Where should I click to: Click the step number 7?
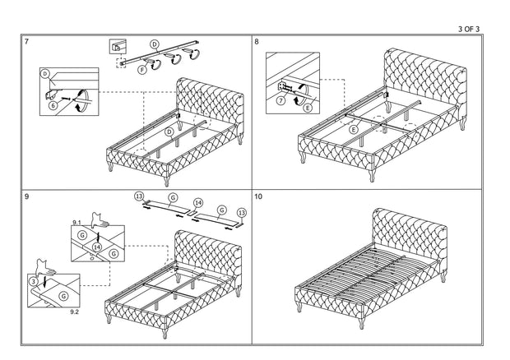click(27, 41)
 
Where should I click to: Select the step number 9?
click(27, 197)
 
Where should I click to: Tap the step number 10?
click(259, 197)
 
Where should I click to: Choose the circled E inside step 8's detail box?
click(308, 106)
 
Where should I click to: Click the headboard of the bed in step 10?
click(409, 233)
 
